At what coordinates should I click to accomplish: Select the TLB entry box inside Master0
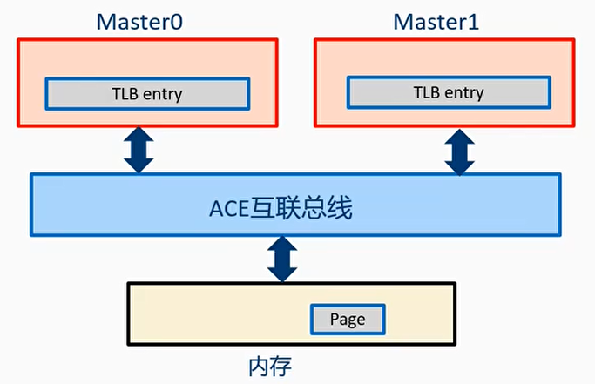click(x=146, y=93)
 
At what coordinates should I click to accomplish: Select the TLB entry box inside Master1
click(x=449, y=91)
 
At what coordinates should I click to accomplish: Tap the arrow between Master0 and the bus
click(x=139, y=151)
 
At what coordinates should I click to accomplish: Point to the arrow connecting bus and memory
click(x=281, y=259)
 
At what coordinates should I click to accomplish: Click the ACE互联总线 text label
click(x=281, y=209)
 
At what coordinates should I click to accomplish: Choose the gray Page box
click(x=348, y=319)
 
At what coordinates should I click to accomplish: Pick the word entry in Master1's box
click(x=463, y=91)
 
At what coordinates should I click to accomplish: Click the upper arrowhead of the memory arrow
click(x=281, y=245)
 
